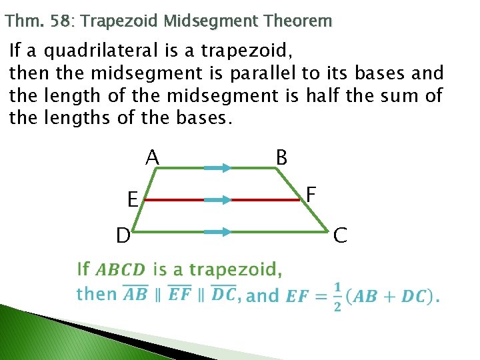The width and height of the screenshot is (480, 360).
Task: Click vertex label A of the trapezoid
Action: pyautogui.click(x=153, y=157)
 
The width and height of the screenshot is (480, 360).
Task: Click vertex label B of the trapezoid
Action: pyautogui.click(x=282, y=158)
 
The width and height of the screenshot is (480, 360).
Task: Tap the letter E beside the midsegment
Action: pyautogui.click(x=133, y=199)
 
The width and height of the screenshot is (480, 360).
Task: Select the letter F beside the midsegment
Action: pyautogui.click(x=310, y=195)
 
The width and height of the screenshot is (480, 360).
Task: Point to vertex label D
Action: pyautogui.click(x=123, y=235)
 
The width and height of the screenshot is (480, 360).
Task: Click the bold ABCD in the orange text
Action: pyautogui.click(x=120, y=270)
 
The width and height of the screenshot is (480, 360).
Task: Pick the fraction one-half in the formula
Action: pyautogui.click(x=337, y=295)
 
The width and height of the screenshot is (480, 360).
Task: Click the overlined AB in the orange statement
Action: pyautogui.click(x=135, y=294)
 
